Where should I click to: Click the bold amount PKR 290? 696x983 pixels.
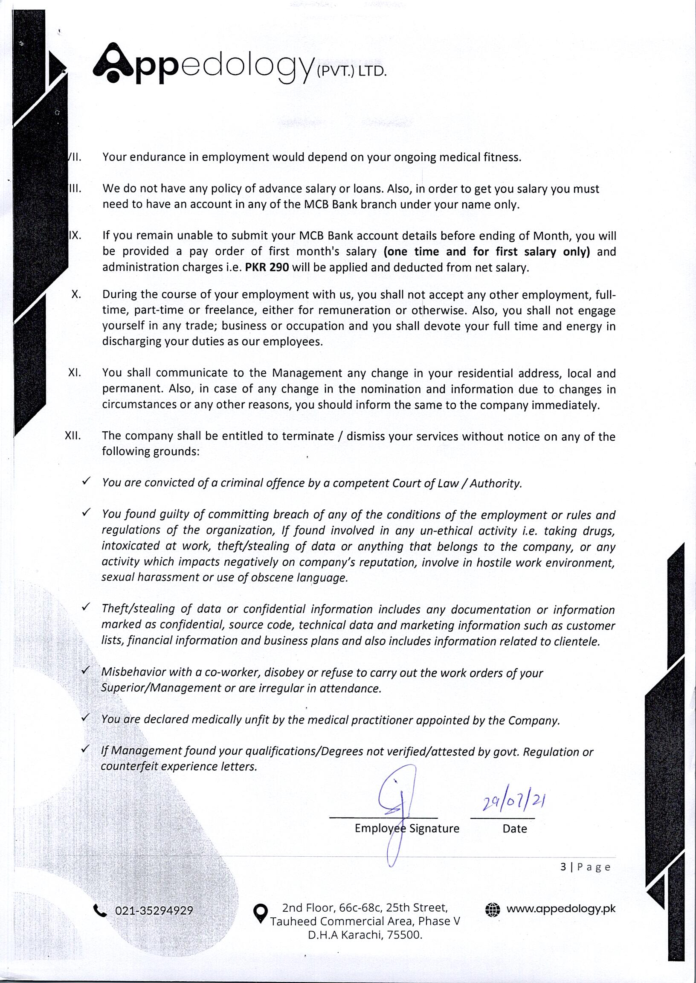tap(267, 268)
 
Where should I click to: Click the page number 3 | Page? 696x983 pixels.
tap(585, 867)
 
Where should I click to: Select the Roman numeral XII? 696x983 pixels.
tap(73, 436)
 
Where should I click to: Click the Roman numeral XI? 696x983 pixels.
tap(75, 372)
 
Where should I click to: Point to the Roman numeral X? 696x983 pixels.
tap(76, 294)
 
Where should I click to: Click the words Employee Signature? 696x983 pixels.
tap(407, 828)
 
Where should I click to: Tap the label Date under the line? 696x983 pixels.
tap(514, 829)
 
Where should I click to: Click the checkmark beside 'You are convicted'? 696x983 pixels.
tap(86, 481)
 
